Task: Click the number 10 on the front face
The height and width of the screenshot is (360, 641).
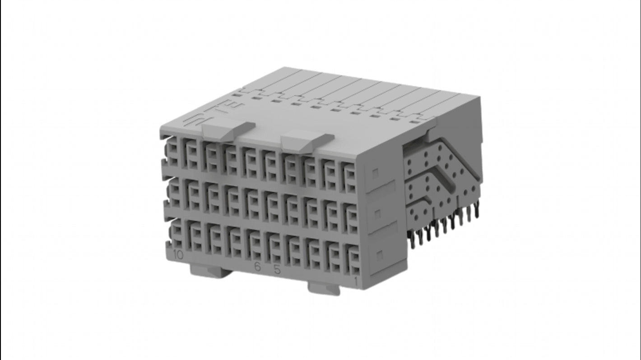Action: point(178,255)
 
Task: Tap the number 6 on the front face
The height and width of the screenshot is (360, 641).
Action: point(257,267)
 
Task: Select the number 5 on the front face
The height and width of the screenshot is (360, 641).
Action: point(277,270)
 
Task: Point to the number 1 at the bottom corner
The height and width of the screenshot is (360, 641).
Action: point(356,282)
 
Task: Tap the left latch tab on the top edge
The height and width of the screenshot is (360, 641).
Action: point(228,130)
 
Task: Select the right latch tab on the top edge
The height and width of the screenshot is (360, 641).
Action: point(307,140)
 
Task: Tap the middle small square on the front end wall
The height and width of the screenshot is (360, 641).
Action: point(378,214)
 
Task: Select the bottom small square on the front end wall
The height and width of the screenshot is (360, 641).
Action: point(380,255)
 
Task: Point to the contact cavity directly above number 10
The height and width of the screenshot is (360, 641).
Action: point(177,233)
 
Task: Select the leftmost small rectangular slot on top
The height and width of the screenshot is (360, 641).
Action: point(237,95)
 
